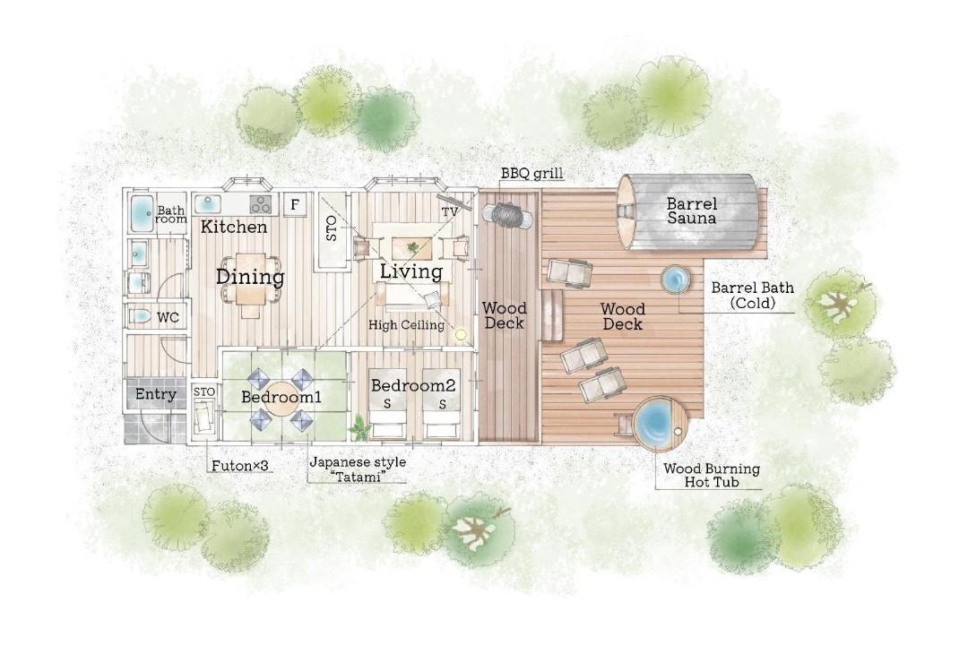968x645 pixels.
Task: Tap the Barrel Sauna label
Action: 691,211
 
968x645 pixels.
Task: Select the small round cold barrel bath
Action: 676,279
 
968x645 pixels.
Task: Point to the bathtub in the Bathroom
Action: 142,213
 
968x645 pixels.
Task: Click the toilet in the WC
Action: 140,316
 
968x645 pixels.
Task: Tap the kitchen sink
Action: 209,203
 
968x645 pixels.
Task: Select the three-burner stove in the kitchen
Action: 261,204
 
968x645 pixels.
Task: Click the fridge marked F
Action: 295,204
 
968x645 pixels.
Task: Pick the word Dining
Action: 250,277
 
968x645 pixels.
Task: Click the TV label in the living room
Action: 449,211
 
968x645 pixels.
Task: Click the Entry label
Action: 156,394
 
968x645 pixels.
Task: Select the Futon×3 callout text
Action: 240,466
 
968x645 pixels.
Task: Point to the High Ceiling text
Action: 406,324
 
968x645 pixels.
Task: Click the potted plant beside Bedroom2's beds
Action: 358,427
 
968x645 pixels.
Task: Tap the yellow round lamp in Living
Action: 460,334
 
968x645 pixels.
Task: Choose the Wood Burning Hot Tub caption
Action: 712,476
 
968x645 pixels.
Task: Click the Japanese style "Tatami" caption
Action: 358,469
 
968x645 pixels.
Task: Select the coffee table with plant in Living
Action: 411,247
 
